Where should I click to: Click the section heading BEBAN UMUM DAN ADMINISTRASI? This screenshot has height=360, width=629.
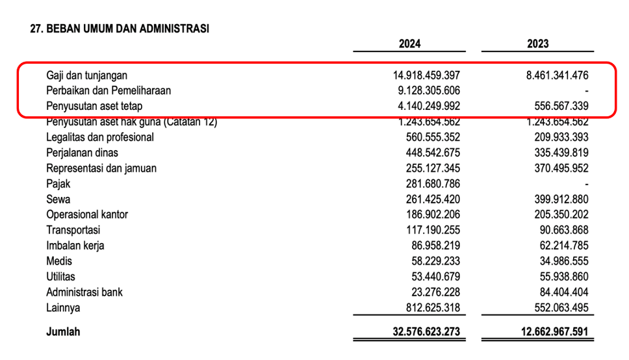(127, 29)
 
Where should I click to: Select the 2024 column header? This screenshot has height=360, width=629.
(409, 44)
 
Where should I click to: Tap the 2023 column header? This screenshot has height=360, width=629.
(537, 44)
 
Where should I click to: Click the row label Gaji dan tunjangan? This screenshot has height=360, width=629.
(86, 75)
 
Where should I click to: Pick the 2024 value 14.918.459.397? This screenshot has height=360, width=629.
(426, 75)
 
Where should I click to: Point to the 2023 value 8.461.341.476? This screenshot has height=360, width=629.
(557, 75)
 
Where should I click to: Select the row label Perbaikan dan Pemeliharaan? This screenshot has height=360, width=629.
(109, 91)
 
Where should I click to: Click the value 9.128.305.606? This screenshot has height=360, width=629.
(429, 91)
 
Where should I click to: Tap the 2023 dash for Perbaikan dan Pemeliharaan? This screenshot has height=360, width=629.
(587, 92)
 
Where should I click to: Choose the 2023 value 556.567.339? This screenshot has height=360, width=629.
(561, 106)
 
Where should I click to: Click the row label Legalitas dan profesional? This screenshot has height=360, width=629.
(100, 137)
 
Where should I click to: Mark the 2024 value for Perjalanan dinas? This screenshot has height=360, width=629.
(433, 153)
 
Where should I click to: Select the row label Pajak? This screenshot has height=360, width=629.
(58, 184)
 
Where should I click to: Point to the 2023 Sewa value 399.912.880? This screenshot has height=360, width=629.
(561, 199)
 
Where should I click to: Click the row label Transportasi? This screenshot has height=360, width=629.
(73, 231)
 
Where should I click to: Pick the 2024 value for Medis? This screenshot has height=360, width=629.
(435, 261)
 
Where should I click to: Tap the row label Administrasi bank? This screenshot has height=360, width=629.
(84, 292)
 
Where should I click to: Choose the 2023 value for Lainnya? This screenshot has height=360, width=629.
(561, 308)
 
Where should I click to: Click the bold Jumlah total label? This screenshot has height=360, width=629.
(63, 332)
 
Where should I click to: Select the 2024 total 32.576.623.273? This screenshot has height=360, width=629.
(426, 332)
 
